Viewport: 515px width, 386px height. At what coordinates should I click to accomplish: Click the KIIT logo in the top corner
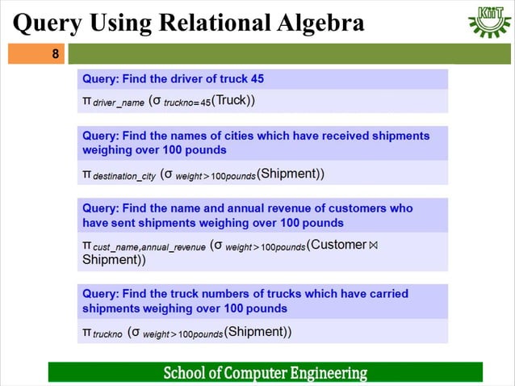[x=488, y=22]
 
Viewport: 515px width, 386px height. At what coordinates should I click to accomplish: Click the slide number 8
[x=55, y=55]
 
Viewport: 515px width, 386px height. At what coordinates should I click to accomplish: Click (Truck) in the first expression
[x=235, y=101]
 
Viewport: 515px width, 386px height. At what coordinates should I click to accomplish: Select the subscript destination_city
[x=124, y=175]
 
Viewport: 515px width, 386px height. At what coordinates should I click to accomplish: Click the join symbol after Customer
[x=373, y=245]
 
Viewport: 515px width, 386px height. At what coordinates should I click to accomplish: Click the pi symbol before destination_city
[x=87, y=174]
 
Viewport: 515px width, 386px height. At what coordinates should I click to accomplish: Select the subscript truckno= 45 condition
[x=188, y=103]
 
